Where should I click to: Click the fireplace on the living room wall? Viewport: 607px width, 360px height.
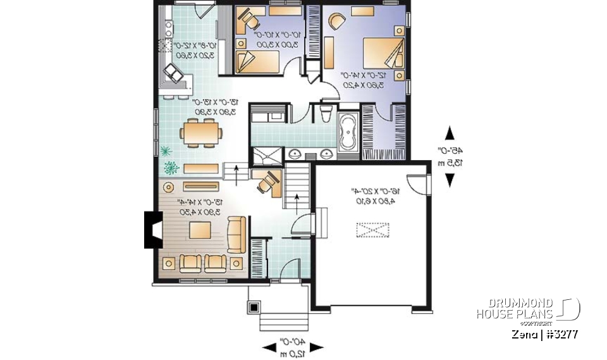[152, 229]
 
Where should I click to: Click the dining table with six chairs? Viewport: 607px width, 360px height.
[201, 133]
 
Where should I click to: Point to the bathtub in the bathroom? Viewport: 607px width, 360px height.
[348, 133]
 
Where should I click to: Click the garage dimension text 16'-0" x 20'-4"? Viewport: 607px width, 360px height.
[371, 196]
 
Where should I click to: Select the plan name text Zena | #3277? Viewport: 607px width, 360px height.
[543, 333]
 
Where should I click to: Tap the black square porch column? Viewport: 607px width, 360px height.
[254, 307]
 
